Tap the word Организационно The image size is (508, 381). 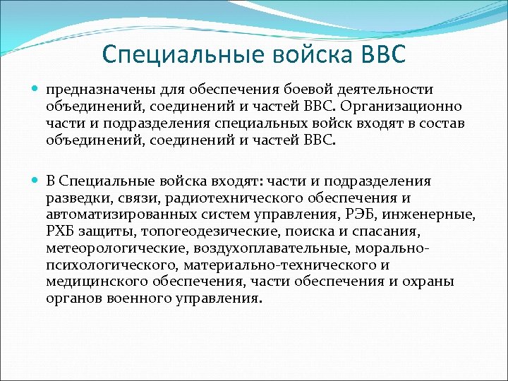pyautogui.click(x=404, y=107)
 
